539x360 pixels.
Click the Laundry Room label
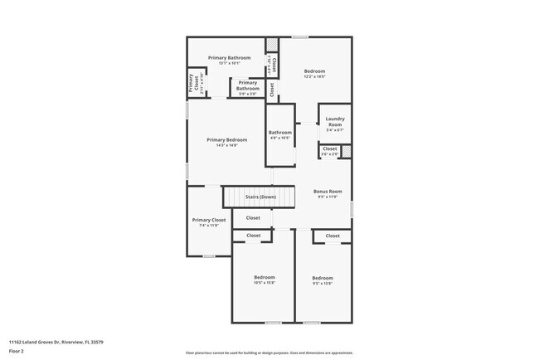pyautogui.click(x=334, y=122)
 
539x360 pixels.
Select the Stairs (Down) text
pyautogui.click(x=260, y=197)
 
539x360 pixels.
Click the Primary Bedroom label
pyautogui.click(x=226, y=143)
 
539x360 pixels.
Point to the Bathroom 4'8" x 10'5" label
pyautogui.click(x=279, y=134)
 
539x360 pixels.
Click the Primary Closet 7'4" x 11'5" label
pyautogui.click(x=209, y=222)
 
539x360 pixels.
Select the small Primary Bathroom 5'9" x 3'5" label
pyautogui.click(x=247, y=88)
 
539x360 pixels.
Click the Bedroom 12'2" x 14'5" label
pyautogui.click(x=314, y=74)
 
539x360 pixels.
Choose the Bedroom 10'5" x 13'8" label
pyautogui.click(x=264, y=280)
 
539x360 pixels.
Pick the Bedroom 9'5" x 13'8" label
pyautogui.click(x=322, y=280)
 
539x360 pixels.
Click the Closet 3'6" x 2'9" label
pyautogui.click(x=329, y=151)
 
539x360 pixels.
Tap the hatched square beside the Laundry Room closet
pyautogui.click(x=347, y=151)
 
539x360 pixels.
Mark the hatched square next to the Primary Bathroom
pyautogui.click(x=270, y=44)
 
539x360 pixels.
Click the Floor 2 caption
pyautogui.click(x=17, y=351)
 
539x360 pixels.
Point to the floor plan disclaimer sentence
pyautogui.click(x=269, y=352)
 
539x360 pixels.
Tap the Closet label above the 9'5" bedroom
pyautogui.click(x=332, y=236)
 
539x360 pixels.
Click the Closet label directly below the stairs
pyautogui.click(x=253, y=218)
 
